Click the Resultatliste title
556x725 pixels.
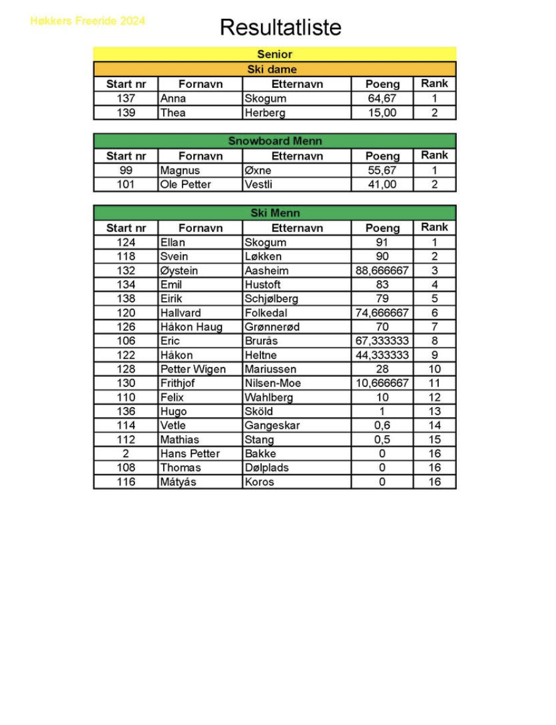(x=281, y=28)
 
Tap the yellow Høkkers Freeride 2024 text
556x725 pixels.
(x=87, y=21)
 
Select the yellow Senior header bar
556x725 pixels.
(x=274, y=55)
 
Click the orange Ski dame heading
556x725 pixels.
(x=274, y=70)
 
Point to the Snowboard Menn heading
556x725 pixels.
(x=274, y=141)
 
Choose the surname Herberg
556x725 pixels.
(x=265, y=113)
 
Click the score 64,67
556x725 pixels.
(x=382, y=98)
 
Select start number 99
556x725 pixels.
(x=126, y=171)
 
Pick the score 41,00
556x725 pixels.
(x=382, y=184)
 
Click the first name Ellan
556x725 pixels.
(x=173, y=243)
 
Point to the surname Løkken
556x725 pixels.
(x=263, y=257)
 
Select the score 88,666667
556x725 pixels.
(x=382, y=270)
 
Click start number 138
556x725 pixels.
(x=126, y=299)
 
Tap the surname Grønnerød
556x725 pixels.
(x=272, y=327)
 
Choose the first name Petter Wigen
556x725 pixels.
(x=193, y=369)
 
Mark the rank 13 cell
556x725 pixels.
(x=434, y=411)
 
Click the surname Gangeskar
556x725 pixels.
(x=272, y=425)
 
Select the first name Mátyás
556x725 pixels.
(x=178, y=482)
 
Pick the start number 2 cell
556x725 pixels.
(x=126, y=453)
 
